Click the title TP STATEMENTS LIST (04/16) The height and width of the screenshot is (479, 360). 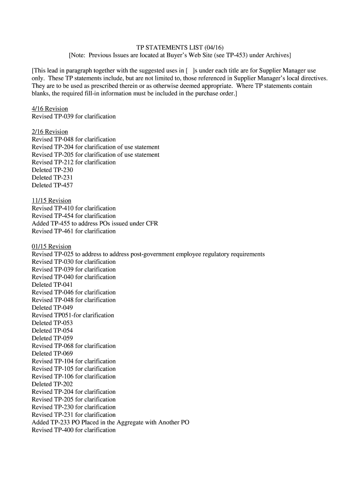click(180, 48)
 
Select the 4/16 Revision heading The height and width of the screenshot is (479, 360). click(50, 109)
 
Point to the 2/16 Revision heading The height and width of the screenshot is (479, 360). click(50, 131)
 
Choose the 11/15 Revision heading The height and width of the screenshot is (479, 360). click(51, 200)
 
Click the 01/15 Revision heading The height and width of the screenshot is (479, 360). click(51, 246)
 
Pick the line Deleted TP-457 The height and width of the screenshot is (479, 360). click(52, 185)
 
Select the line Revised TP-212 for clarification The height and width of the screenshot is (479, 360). click(73, 162)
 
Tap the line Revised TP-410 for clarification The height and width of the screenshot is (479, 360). click(73, 208)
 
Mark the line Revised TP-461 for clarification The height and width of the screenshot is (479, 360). click(73, 231)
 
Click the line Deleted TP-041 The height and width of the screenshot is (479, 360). click(52, 284)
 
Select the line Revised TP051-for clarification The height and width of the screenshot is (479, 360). click(73, 315)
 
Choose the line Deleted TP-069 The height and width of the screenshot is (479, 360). click(52, 353)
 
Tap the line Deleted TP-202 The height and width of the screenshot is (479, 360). click(52, 384)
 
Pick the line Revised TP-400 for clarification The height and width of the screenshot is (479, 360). click(73, 430)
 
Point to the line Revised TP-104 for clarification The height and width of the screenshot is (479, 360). click(73, 361)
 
